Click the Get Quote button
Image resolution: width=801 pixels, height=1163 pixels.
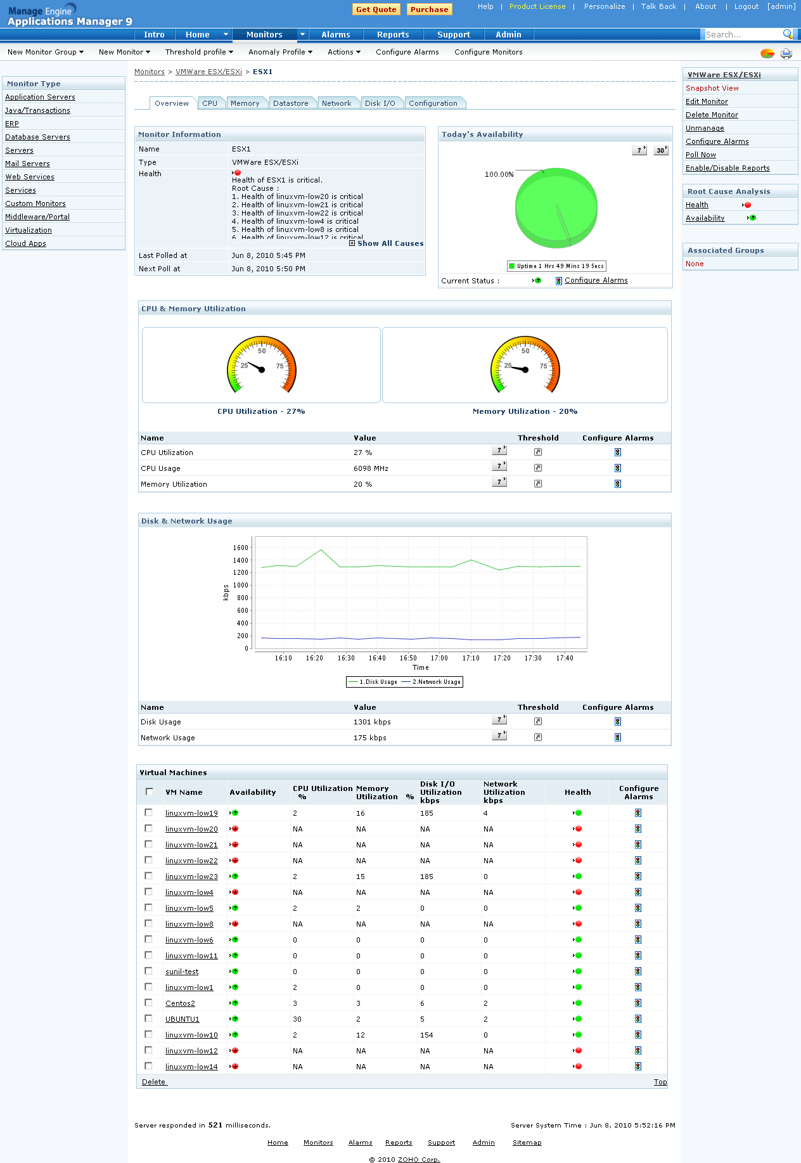tap(376, 10)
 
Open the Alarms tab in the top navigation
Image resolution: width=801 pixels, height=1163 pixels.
tap(335, 35)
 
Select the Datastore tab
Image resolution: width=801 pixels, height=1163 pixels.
tap(290, 103)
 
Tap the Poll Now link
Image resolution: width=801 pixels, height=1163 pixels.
tap(700, 155)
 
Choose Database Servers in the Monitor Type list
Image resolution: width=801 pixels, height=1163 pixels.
tap(37, 137)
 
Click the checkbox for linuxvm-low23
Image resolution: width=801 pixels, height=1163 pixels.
tap(149, 876)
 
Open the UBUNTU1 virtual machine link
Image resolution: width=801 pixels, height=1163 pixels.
tap(182, 1019)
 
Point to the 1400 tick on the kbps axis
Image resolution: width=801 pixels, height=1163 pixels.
tap(241, 560)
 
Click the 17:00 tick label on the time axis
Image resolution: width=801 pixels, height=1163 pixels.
tap(439, 658)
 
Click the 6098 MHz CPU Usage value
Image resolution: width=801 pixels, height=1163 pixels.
tap(371, 468)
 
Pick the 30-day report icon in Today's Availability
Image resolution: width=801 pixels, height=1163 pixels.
tap(660, 150)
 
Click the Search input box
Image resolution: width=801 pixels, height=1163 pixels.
tap(742, 35)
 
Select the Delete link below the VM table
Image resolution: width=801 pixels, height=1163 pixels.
tap(153, 1082)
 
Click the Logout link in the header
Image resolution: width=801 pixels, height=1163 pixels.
tap(746, 6)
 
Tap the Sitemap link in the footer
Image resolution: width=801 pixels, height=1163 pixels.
tap(527, 1143)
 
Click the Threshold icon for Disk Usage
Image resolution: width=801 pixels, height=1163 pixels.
tap(538, 721)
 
